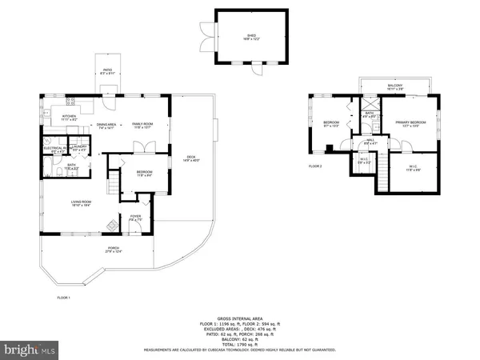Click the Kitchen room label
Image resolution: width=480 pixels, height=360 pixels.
click(x=69, y=118)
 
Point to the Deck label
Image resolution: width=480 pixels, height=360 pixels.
click(x=190, y=158)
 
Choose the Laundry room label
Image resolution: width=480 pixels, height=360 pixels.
click(x=79, y=148)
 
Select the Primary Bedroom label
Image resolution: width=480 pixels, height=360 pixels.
click(x=410, y=123)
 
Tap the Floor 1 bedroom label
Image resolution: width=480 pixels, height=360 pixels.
click(x=144, y=173)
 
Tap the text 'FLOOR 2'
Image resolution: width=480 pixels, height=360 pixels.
click(x=315, y=166)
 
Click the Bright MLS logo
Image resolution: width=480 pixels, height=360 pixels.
click(x=30, y=349)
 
